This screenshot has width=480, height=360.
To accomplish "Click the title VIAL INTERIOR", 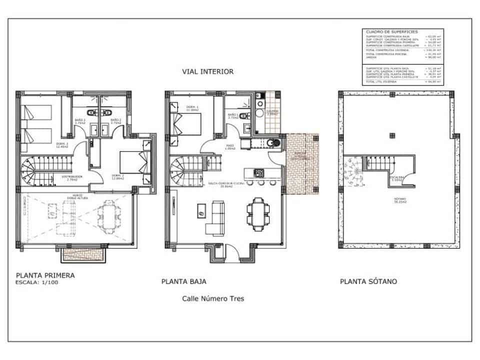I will point(208,71).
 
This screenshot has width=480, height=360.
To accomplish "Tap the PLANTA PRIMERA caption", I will point(45,275).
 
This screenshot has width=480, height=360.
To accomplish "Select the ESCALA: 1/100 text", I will point(37,283).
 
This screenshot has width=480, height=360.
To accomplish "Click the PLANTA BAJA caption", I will point(184,281).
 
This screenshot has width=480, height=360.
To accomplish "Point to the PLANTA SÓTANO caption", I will point(368,281).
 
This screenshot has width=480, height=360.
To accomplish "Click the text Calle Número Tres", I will point(213,299).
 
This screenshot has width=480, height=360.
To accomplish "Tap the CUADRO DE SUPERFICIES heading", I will point(386,31).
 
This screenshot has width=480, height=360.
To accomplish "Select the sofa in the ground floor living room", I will point(217,217).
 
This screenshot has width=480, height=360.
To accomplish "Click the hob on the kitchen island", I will point(260,173).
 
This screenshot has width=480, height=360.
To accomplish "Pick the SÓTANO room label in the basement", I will point(398,200).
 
